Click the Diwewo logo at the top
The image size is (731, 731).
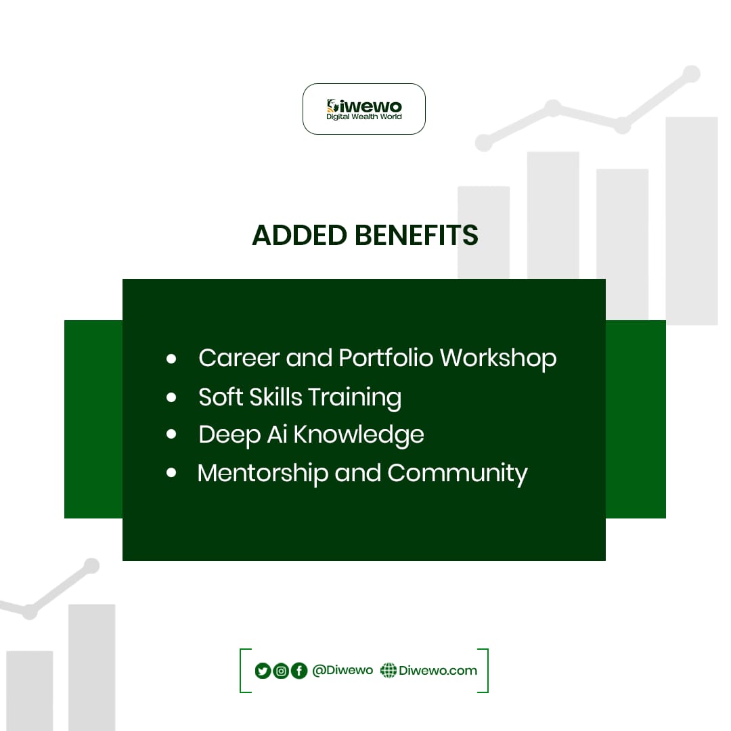tap(364, 109)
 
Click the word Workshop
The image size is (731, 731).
tap(498, 357)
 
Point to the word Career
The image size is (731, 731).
tap(239, 357)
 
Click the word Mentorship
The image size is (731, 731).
tap(263, 472)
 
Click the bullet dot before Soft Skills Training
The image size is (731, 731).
tap(171, 397)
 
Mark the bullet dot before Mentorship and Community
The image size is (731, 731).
tap(171, 472)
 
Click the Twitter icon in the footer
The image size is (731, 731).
tap(263, 671)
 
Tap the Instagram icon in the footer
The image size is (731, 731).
tap(281, 671)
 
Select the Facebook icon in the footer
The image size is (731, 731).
tap(299, 671)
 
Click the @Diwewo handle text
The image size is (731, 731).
tap(342, 670)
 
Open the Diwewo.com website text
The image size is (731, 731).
tap(438, 670)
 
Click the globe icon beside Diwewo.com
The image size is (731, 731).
tap(389, 670)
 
